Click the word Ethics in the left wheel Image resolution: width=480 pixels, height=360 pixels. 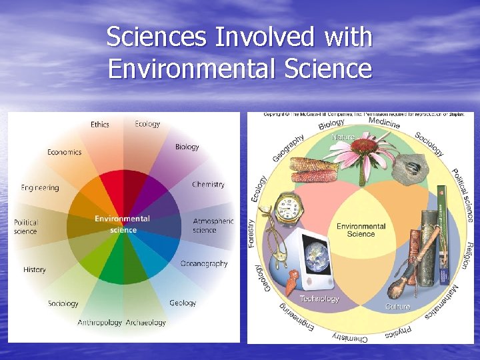pyautogui.click(x=100, y=125)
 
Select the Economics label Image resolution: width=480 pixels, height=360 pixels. pyautogui.click(x=64, y=152)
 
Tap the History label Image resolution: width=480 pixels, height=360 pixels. pyautogui.click(x=35, y=270)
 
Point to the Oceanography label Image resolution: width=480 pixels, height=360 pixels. pyautogui.click(x=204, y=263)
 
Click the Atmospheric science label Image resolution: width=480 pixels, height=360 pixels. pyautogui.click(x=213, y=225)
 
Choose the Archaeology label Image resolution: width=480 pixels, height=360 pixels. pyautogui.click(x=146, y=323)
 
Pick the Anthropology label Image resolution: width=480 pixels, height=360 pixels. pyautogui.click(x=100, y=323)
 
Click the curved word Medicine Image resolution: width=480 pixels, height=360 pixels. pyautogui.click(x=384, y=123)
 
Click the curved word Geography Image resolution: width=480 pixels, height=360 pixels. pyautogui.click(x=288, y=148)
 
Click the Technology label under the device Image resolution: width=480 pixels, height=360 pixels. pyautogui.click(x=319, y=299)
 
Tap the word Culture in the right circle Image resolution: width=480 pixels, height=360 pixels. pyautogui.click(x=398, y=307)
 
